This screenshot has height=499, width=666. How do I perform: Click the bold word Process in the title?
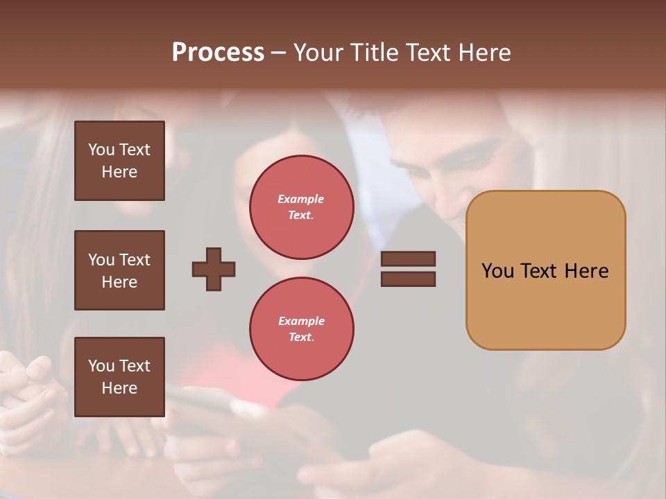218,53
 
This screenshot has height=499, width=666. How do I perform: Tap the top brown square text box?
119,161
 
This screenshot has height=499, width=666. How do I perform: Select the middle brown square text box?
119,270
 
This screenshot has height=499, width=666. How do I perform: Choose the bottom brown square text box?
119,377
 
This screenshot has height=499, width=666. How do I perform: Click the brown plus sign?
214,269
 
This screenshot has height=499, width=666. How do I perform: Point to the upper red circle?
301,207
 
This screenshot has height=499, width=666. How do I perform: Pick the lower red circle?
301,329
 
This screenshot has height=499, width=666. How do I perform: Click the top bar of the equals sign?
408,259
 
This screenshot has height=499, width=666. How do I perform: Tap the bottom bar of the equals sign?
408,279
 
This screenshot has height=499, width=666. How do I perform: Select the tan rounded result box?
545,270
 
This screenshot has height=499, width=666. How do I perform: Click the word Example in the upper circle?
301,199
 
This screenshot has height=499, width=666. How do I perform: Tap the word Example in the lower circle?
301,321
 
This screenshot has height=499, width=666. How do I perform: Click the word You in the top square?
101,150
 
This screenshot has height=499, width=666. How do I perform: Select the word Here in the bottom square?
119,388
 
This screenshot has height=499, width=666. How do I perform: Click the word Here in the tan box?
586,271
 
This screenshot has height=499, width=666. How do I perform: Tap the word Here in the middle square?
119,282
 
